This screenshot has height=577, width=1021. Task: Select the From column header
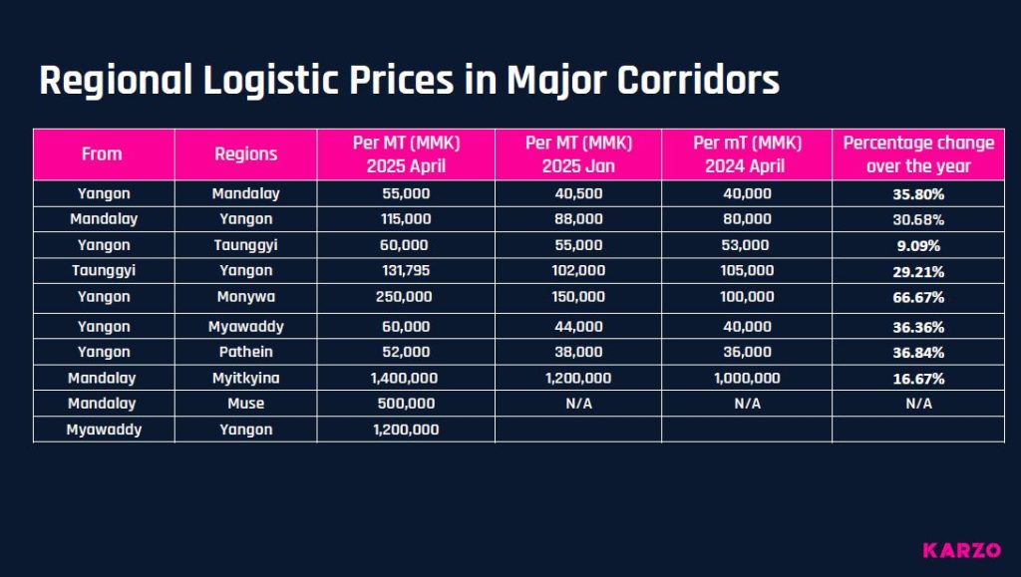click(103, 153)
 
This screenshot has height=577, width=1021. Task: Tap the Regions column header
click(245, 153)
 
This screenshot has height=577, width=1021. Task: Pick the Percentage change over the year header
click(917, 153)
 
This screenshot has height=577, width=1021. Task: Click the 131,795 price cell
click(405, 270)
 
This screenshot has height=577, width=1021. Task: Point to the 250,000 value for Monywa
click(405, 297)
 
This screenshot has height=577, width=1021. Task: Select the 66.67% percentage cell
click(917, 297)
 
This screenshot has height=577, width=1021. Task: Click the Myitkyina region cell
click(245, 378)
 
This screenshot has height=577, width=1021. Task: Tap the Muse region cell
click(245, 403)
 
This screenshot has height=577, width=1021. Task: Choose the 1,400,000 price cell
click(405, 378)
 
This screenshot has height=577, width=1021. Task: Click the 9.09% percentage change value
click(917, 244)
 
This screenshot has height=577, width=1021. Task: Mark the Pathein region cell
click(245, 352)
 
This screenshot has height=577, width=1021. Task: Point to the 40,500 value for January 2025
click(578, 192)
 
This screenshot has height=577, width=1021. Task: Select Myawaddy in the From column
click(103, 429)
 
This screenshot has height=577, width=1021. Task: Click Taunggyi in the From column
click(103, 270)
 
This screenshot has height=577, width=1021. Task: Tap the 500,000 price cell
click(405, 403)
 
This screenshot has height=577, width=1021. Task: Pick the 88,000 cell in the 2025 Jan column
click(578, 218)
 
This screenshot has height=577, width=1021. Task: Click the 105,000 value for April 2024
click(747, 270)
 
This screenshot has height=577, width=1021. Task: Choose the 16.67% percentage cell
click(917, 378)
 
